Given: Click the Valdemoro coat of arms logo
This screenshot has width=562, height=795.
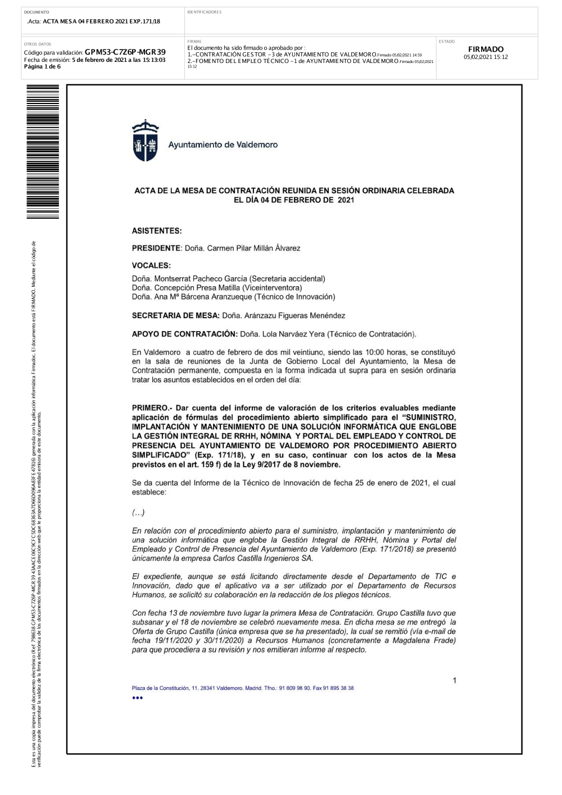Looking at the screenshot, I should (x=145, y=141).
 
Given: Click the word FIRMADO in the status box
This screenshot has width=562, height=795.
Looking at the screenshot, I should (x=486, y=49).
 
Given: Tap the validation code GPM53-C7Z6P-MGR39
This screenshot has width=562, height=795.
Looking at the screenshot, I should (x=125, y=52).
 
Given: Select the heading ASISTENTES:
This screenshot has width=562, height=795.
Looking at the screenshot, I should (x=157, y=231).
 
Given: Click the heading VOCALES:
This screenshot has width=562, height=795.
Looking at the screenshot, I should (x=151, y=265).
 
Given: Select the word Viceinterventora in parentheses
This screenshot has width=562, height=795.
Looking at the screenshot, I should (x=272, y=288).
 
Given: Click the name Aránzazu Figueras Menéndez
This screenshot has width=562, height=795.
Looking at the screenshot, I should (x=294, y=316).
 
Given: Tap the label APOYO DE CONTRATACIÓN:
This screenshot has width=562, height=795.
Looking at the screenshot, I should (x=184, y=334).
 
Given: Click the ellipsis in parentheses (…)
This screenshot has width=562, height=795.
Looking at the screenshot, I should (x=138, y=513).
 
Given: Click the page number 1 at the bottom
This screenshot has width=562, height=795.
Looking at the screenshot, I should (x=455, y=681).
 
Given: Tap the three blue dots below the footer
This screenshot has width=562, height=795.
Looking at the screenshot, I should (x=138, y=698).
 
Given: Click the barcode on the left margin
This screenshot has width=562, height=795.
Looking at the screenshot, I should (x=43, y=152).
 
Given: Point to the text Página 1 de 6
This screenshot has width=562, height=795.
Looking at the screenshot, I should (x=43, y=67).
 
